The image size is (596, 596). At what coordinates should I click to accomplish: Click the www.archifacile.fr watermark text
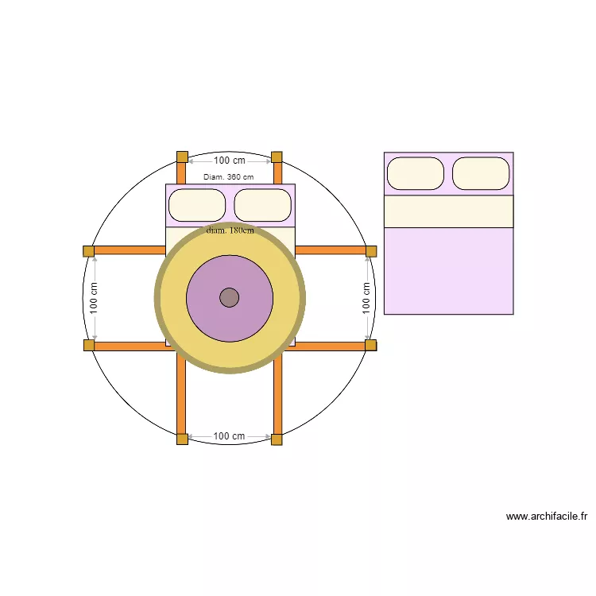(x=546, y=517)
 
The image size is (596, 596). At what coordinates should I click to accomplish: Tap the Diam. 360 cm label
(x=228, y=177)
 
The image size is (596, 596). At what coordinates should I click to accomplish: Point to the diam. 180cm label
(x=230, y=230)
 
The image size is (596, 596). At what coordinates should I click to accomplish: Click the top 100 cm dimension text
(x=230, y=161)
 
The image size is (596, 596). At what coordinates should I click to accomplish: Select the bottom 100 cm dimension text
(x=229, y=436)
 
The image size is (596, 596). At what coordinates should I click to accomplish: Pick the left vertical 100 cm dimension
(x=94, y=298)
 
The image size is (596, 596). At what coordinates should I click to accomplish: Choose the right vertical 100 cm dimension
(x=366, y=298)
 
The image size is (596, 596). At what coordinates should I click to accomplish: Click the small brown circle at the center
(x=230, y=297)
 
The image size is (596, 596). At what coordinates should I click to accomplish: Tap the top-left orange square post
(x=182, y=157)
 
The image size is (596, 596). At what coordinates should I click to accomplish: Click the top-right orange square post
(x=277, y=157)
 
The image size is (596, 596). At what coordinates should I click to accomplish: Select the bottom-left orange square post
(x=182, y=439)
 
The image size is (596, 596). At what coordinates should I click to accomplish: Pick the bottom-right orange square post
(x=277, y=439)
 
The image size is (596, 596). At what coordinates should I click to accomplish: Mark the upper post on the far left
(x=88, y=251)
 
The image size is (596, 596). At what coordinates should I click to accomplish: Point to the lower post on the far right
(x=371, y=345)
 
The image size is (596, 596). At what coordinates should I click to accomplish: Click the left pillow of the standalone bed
(x=415, y=173)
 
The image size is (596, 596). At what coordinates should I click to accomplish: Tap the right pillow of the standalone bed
(x=481, y=173)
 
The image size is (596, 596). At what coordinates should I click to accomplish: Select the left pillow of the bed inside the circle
(x=197, y=205)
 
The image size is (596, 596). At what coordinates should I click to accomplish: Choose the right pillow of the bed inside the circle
(x=263, y=205)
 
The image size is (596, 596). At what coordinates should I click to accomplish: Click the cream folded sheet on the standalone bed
(x=448, y=211)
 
